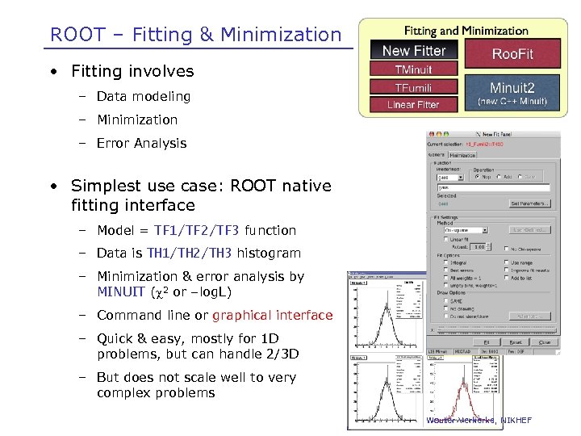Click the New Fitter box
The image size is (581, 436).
tap(413, 51)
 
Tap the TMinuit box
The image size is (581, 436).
tap(413, 69)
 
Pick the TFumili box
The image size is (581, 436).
tap(413, 87)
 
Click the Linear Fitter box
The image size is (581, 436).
tap(413, 104)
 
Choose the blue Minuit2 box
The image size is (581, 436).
tap(512, 93)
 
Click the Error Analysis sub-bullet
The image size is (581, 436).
tap(141, 143)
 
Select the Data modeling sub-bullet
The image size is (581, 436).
tap(144, 96)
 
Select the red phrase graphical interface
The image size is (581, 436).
tap(272, 315)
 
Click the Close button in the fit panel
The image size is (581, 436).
tap(544, 342)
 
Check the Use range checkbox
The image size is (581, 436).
tap(506, 262)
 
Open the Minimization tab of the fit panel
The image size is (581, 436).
tap(463, 154)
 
